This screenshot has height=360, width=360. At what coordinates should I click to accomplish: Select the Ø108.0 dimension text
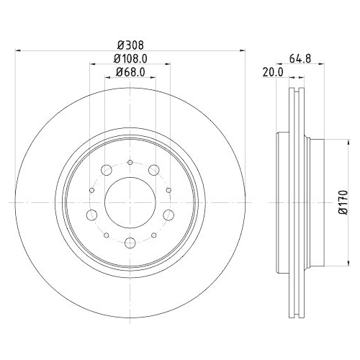click(130, 58)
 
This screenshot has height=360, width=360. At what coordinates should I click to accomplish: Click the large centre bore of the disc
click(130, 202)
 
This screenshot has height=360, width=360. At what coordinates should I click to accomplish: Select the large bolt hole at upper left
click(106, 171)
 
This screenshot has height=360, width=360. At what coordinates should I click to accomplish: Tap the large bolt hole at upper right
click(155, 171)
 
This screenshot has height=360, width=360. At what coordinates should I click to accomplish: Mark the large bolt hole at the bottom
click(130, 243)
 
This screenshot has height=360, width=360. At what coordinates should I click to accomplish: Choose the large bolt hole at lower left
click(92, 215)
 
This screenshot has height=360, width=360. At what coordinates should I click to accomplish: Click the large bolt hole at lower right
click(168, 215)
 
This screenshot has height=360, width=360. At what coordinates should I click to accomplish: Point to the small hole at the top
click(130, 162)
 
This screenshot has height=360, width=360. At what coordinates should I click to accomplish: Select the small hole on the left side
click(92, 190)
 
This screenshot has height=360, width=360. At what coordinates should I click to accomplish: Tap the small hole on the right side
click(168, 190)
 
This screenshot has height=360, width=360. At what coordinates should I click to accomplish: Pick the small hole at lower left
click(107, 235)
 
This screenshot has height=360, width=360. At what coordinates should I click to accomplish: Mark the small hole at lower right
click(154, 235)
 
